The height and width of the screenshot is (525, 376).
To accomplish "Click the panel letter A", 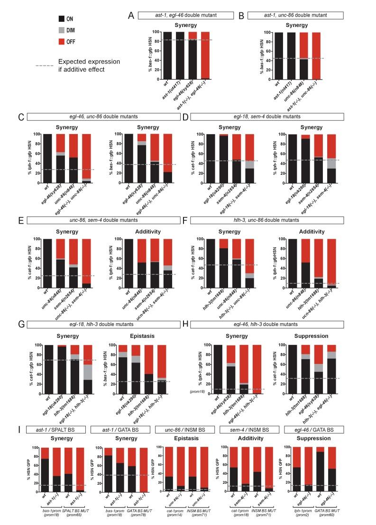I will [x=131, y=15].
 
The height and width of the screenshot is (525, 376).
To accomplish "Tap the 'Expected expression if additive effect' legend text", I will [x=89, y=65].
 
